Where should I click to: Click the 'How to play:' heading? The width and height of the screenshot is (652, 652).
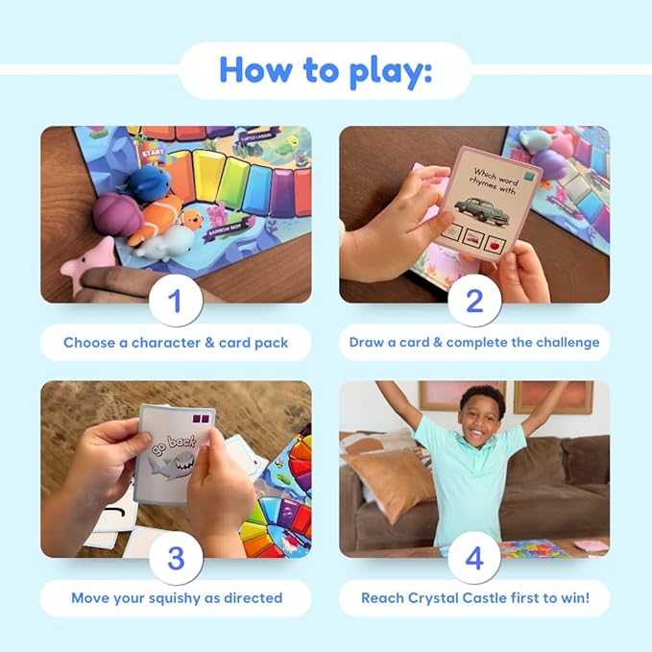click(325, 69)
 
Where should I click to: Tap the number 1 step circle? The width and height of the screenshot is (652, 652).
click(175, 302)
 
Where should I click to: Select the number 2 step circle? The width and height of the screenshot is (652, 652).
click(473, 302)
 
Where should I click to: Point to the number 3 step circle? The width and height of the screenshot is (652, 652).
click(175, 559)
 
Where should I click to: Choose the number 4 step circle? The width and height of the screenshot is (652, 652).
click(473, 559)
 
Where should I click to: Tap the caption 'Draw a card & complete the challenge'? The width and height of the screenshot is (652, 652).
click(473, 342)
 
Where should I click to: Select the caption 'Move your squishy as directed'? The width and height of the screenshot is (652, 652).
click(177, 597)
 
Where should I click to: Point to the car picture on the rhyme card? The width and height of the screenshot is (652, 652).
click(480, 208)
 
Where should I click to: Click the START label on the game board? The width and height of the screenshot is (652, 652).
click(152, 153)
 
